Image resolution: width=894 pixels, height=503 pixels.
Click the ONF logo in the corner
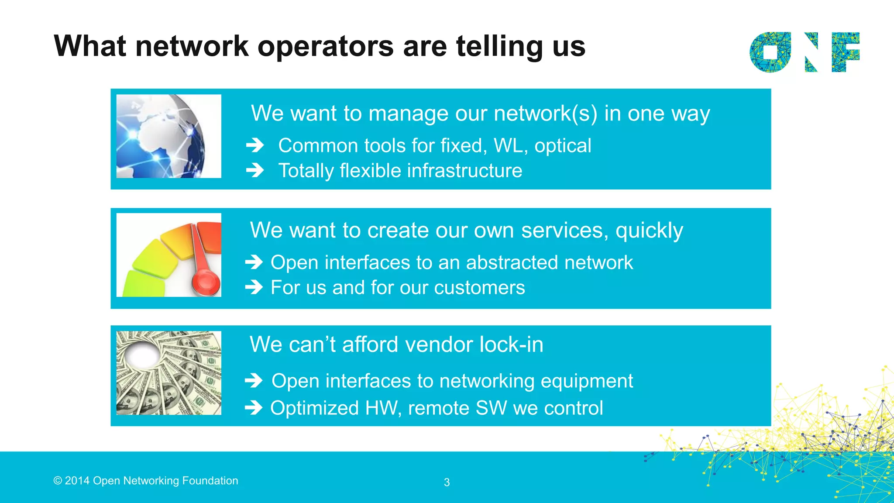805,52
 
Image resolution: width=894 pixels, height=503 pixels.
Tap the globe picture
168,136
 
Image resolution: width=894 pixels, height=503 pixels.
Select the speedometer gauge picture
168,255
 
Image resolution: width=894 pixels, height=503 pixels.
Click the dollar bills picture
168,373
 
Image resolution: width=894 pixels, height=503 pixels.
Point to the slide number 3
447,482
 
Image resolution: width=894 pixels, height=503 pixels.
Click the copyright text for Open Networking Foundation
146,481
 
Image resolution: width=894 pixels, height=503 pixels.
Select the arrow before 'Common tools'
255,145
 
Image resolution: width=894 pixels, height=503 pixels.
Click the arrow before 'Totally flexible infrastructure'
255,170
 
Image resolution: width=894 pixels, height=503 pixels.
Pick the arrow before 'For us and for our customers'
254,287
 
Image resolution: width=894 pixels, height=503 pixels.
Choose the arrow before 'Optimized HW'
254,408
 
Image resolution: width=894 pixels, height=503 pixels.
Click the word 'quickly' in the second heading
649,231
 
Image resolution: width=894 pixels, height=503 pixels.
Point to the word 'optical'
563,146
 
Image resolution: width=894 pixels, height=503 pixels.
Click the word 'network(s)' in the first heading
545,114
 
